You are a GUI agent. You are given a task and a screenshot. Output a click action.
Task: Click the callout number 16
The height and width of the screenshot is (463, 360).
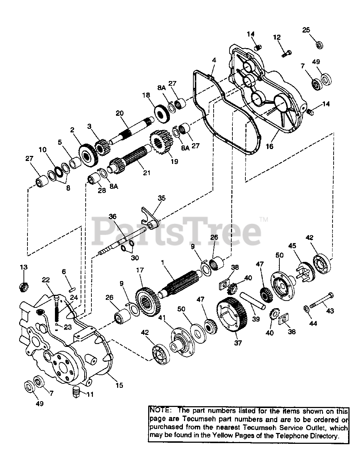pos(269,146)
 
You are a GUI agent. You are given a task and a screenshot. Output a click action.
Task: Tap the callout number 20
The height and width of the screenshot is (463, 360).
pos(120,113)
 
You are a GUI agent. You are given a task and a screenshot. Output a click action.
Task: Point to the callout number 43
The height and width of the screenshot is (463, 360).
pos(330,310)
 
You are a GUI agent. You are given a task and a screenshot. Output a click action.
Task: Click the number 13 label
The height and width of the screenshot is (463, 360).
pos(23,267)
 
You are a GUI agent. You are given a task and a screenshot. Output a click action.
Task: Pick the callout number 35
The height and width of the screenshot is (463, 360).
pos(162,198)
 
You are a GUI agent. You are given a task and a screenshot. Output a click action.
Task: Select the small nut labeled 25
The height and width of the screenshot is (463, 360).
pos(319,45)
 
